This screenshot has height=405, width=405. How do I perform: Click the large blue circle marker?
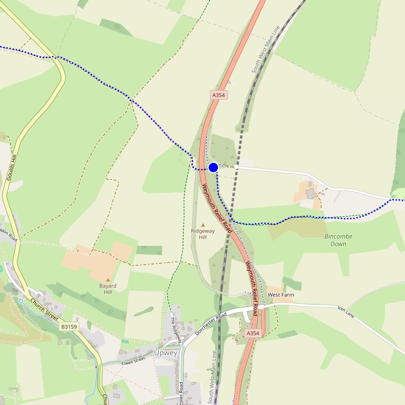pyautogui.click(x=213, y=167)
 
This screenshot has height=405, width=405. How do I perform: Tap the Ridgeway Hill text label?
pyautogui.click(x=203, y=234)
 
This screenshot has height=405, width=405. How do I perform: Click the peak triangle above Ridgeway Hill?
pyautogui.click(x=203, y=225)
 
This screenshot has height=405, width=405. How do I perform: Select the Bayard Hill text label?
pyautogui.click(x=108, y=289)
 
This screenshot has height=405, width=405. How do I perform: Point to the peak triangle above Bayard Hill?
pyautogui.click(x=108, y=280)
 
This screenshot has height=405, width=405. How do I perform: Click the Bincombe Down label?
pyautogui.click(x=338, y=240)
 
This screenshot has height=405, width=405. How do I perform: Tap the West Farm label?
pyautogui.click(x=281, y=295)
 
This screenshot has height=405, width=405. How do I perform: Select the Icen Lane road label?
pyautogui.click(x=346, y=312)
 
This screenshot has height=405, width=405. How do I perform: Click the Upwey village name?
pyautogui.click(x=166, y=353)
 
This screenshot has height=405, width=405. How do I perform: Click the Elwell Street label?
pyautogui.click(x=133, y=361)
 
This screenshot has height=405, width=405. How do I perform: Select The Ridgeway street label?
pyautogui.click(x=176, y=331)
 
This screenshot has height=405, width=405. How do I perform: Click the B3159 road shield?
pyautogui.click(x=69, y=327)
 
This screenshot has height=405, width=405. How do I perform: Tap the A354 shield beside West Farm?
pyautogui.click(x=253, y=333)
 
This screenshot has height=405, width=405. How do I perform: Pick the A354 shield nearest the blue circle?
pyautogui.click(x=218, y=95)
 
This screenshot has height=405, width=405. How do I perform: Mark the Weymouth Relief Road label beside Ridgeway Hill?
pyautogui.click(x=217, y=208)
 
